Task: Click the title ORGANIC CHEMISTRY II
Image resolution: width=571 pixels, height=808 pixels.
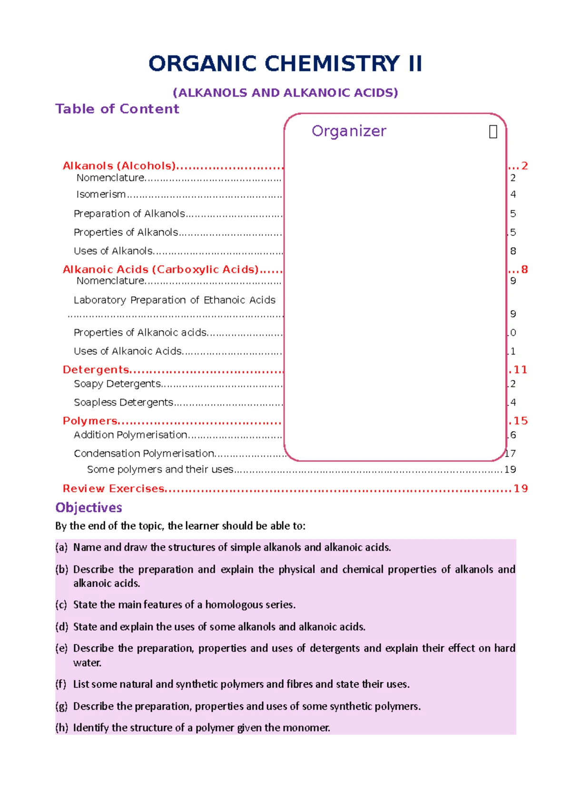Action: click(285, 64)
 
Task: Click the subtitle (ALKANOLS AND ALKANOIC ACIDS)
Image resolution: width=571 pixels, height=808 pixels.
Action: click(285, 92)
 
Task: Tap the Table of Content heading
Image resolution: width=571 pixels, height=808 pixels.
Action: click(117, 109)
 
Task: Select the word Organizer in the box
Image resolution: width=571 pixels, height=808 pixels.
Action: click(349, 131)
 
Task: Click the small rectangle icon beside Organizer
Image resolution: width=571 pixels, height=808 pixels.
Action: click(493, 132)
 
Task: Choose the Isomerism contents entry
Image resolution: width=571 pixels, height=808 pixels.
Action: click(101, 194)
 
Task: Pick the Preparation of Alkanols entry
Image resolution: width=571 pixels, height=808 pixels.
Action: click(129, 214)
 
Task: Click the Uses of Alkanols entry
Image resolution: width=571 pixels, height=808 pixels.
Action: click(113, 251)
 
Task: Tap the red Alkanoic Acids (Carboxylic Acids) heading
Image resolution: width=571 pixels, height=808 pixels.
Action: click(161, 269)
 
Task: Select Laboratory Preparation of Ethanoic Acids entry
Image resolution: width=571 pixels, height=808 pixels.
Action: click(174, 300)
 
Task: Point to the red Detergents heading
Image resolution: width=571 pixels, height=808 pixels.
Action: click(96, 370)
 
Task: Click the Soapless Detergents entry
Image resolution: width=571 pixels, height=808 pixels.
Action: click(123, 402)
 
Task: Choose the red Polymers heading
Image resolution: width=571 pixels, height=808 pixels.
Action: click(90, 421)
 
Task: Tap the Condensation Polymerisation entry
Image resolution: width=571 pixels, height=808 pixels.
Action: click(144, 453)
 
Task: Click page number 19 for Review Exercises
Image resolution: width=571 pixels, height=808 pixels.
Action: click(521, 489)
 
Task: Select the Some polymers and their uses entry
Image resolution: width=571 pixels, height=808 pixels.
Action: click(160, 470)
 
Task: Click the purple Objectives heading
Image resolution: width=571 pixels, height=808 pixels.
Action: click(89, 508)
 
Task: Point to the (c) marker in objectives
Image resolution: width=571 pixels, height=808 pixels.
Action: click(61, 605)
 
